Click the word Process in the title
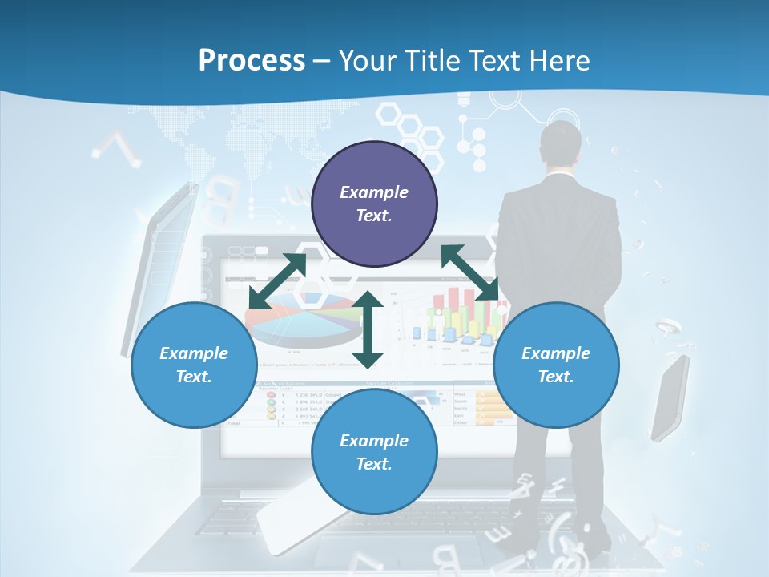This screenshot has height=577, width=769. click(x=252, y=61)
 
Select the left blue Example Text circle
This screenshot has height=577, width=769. click(x=194, y=365)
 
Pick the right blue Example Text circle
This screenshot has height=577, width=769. click(x=556, y=365)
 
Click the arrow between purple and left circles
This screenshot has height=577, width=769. click(x=277, y=280)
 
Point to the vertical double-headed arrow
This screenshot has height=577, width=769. click(x=368, y=329)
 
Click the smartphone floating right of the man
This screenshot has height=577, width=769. click(x=670, y=397)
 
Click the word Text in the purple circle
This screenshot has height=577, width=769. click(x=374, y=216)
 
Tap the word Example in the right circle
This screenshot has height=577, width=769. click(x=556, y=353)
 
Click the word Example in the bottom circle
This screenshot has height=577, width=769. click(x=374, y=441)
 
